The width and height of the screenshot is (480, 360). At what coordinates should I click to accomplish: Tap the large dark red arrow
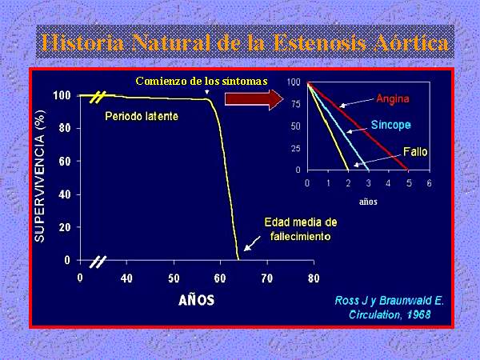point(254,99)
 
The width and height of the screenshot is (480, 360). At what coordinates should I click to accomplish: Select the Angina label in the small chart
point(393,99)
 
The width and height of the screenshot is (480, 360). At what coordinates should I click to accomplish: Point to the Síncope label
point(391,125)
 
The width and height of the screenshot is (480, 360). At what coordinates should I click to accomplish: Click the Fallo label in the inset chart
point(415,151)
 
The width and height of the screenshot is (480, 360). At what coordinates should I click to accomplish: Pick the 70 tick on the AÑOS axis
point(267,278)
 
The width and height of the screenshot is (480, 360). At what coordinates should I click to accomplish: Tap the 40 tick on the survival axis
point(65,194)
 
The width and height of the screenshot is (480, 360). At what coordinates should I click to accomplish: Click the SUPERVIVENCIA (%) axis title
point(40,177)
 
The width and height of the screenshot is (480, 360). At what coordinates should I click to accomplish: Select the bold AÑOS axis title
point(196,300)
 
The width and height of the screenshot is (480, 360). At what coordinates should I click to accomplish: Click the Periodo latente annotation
point(142,116)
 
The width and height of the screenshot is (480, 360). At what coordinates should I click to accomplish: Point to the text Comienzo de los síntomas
point(202,81)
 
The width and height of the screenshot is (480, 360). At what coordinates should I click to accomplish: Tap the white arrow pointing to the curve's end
point(252,243)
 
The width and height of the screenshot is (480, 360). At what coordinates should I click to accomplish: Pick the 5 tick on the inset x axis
point(409,183)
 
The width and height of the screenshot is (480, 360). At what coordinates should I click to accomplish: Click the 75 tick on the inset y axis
point(296,104)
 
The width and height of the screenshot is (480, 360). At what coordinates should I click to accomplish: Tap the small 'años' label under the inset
point(368,202)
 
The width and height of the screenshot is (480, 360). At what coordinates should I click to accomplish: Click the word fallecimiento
point(300,236)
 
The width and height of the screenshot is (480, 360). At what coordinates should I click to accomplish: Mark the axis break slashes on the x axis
point(98,262)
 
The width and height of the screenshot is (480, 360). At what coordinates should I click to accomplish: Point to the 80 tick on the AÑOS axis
point(314,278)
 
